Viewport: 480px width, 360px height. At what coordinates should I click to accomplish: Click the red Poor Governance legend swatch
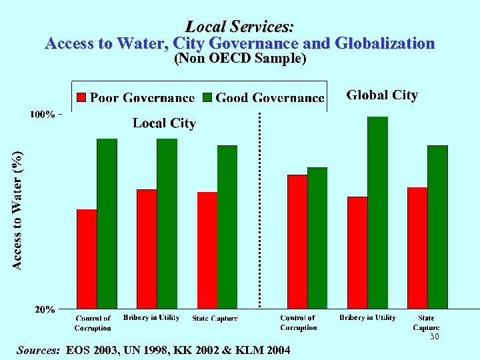click(81, 97)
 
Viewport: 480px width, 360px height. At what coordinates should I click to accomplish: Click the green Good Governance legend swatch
click(208, 97)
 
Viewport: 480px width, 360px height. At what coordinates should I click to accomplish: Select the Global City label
click(382, 95)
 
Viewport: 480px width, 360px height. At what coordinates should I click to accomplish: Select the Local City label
click(164, 123)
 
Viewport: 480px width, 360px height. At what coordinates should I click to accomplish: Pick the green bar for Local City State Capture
click(227, 227)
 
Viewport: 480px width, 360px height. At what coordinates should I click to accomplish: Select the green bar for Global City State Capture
click(437, 227)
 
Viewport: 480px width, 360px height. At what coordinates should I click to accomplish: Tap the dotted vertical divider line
click(259, 213)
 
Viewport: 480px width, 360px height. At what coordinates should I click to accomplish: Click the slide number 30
click(434, 337)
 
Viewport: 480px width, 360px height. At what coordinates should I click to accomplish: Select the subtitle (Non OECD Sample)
click(240, 59)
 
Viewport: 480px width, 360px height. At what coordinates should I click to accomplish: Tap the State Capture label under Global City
click(427, 323)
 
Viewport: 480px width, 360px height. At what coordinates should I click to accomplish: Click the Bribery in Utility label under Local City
click(151, 318)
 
